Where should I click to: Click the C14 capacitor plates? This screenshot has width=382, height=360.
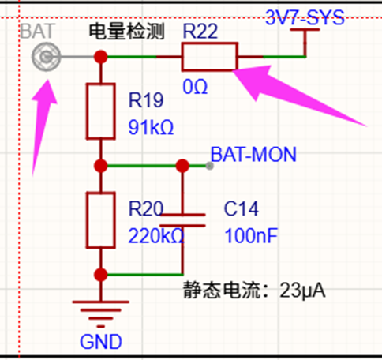click(x=182, y=220)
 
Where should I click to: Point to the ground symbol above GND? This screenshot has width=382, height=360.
click(x=101, y=314)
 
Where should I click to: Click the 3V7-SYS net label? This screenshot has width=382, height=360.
click(x=305, y=17)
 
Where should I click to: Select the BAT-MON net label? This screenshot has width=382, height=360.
click(x=253, y=155)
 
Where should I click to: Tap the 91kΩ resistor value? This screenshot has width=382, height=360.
click(x=151, y=127)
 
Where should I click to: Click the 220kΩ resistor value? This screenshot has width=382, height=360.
click(x=156, y=236)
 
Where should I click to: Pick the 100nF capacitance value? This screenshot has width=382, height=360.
click(x=251, y=236)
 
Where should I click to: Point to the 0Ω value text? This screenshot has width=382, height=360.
click(x=195, y=87)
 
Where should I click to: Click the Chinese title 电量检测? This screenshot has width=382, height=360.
click(x=127, y=32)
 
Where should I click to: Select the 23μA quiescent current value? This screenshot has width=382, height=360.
click(x=302, y=291)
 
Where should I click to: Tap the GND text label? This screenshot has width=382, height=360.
click(x=101, y=342)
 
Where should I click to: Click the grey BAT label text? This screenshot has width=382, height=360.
click(x=38, y=31)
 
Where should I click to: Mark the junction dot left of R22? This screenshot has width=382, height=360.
click(x=101, y=57)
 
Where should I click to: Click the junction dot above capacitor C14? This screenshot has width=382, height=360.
click(x=182, y=166)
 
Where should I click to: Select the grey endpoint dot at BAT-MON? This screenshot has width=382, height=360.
click(x=209, y=166)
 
